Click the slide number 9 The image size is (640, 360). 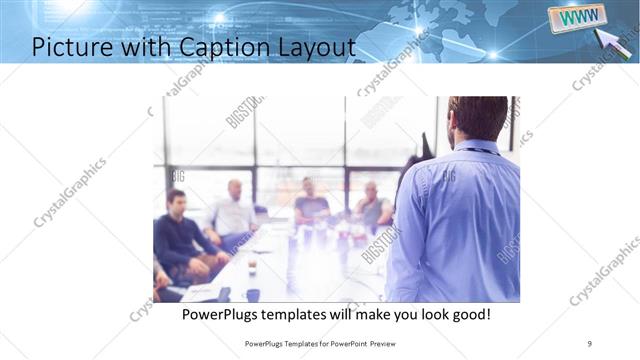click(590, 342)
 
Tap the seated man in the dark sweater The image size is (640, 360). click(180, 235)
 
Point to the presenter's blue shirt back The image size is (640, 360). click(460, 220)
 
